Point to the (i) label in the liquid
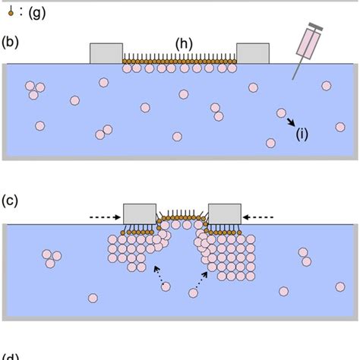pos(302,134)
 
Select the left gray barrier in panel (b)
pos(106,53)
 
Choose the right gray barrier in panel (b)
pos(252,53)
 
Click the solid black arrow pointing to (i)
pos(289,122)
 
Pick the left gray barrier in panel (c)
pos(139,214)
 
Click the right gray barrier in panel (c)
pos(224,214)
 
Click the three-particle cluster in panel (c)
pos(51,258)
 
